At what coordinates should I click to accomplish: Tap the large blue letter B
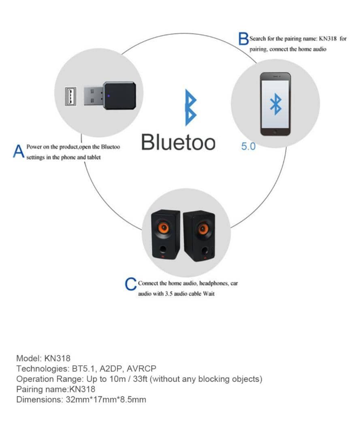pos(243,39)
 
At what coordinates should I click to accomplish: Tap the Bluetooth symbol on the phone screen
pos(275,104)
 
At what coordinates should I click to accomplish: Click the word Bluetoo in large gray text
pos(178,142)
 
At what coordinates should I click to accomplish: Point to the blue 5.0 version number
pos(248,146)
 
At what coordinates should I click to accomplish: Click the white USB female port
pos(70,96)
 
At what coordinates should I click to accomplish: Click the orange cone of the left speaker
pos(163,228)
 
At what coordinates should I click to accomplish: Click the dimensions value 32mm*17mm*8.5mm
pos(106,400)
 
